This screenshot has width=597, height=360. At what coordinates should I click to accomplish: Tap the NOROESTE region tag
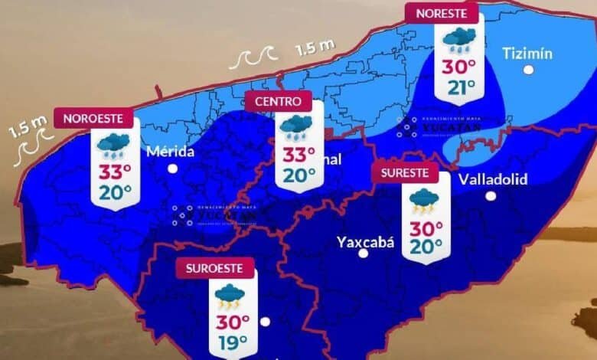[x=93, y=119]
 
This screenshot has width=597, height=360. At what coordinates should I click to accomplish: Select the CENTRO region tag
[x=279, y=100]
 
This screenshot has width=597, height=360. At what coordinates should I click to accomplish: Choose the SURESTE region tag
[x=405, y=172]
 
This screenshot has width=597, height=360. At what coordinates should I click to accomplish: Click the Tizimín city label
[x=527, y=52]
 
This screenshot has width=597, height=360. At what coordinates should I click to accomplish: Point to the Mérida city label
[x=173, y=151]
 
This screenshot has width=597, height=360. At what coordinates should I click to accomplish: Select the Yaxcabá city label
[x=365, y=242]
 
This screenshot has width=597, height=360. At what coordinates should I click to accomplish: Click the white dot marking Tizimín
[x=528, y=70]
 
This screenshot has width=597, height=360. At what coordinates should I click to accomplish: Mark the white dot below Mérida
[x=173, y=168]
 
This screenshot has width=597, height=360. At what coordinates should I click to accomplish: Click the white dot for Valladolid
[x=491, y=196]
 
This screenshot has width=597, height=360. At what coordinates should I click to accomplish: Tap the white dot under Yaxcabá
[x=364, y=253]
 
